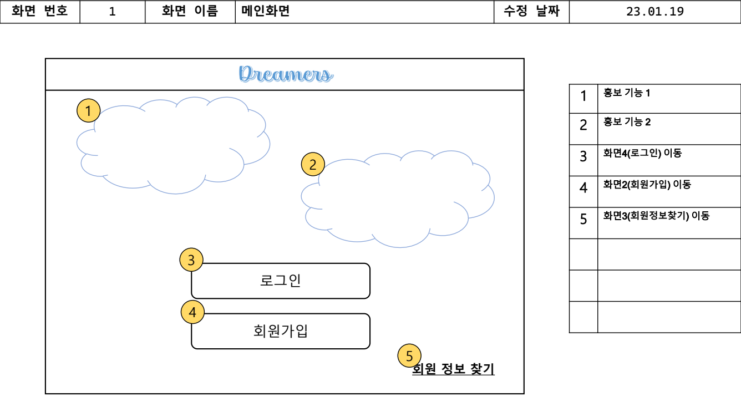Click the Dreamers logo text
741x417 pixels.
pos(286,74)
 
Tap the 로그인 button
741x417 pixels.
pos(281,281)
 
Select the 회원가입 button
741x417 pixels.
pos(281,331)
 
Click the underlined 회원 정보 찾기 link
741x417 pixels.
pos(453,369)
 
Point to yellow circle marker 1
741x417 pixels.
pos(88,111)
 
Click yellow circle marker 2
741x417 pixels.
pos(313,164)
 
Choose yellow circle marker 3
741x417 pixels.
pos(191,260)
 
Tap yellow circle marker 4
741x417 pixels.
pos(192,312)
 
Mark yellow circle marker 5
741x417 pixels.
pos(409,356)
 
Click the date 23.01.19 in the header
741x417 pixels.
pos(654,12)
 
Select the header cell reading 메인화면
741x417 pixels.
pos(266,12)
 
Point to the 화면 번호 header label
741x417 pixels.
pos(40,12)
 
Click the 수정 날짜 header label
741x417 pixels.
pos(531,12)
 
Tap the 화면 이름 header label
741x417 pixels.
pos(190,12)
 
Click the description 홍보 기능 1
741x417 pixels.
pos(627,93)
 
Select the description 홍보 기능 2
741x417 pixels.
pos(627,122)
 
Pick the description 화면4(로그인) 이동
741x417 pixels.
pos(642,153)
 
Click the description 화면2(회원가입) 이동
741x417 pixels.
pos(647,185)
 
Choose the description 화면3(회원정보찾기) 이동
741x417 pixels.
pos(656,216)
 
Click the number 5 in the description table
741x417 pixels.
pos(583,220)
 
